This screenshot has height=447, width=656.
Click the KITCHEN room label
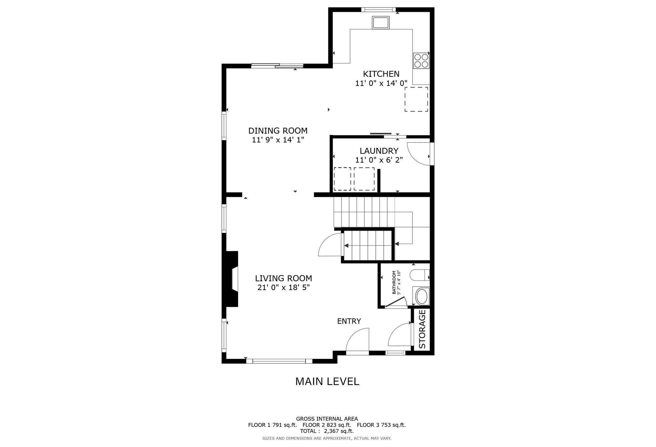coord(381,74)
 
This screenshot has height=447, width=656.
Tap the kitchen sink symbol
coord(381,22)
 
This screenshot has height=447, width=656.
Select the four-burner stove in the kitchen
coord(421,61)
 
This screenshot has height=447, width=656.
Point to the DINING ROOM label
coord(278,131)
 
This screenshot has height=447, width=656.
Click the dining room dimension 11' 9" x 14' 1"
coord(278,140)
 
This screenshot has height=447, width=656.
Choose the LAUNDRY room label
coord(379,151)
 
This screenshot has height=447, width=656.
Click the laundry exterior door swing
coord(419,154)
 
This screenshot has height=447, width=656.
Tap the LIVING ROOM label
coord(283,278)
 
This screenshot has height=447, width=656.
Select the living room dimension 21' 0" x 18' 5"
coord(283,288)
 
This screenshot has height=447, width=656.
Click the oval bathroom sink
coord(421,297)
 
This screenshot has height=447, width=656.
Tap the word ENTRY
coord(349,321)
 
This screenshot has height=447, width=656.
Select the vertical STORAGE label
coord(422,329)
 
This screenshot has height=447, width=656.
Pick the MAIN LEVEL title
coord(327,381)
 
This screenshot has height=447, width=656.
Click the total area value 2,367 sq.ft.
coord(339,431)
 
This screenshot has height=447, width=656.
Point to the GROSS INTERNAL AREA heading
coord(327,419)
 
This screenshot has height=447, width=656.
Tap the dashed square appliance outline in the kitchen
coord(416,99)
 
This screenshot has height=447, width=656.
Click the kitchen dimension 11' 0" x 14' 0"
coord(381,83)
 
